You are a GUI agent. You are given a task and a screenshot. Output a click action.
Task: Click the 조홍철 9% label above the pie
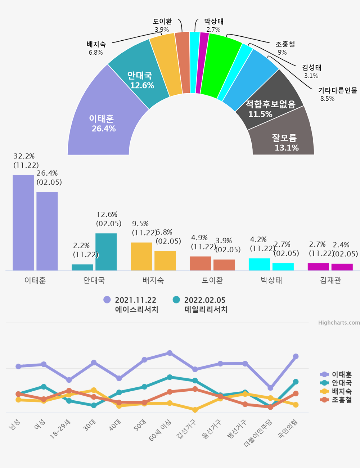click(285, 48)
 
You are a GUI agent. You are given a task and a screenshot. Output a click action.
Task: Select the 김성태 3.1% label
click(311, 71)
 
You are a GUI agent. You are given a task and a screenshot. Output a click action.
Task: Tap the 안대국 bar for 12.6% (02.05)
click(106, 252)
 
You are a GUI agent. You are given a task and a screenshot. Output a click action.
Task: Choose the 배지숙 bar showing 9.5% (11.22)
click(141, 256)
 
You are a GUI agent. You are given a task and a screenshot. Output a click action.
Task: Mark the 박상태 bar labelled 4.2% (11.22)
click(259, 264)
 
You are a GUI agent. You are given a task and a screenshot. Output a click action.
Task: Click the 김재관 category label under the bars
click(330, 280)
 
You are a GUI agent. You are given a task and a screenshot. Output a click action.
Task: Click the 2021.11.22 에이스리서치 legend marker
click(107, 300)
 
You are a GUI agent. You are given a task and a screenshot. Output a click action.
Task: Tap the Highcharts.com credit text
click(339, 323)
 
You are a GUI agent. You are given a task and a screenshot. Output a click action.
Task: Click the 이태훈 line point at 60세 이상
click(170, 353)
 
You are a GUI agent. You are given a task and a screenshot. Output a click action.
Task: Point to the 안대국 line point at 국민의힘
click(296, 382)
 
